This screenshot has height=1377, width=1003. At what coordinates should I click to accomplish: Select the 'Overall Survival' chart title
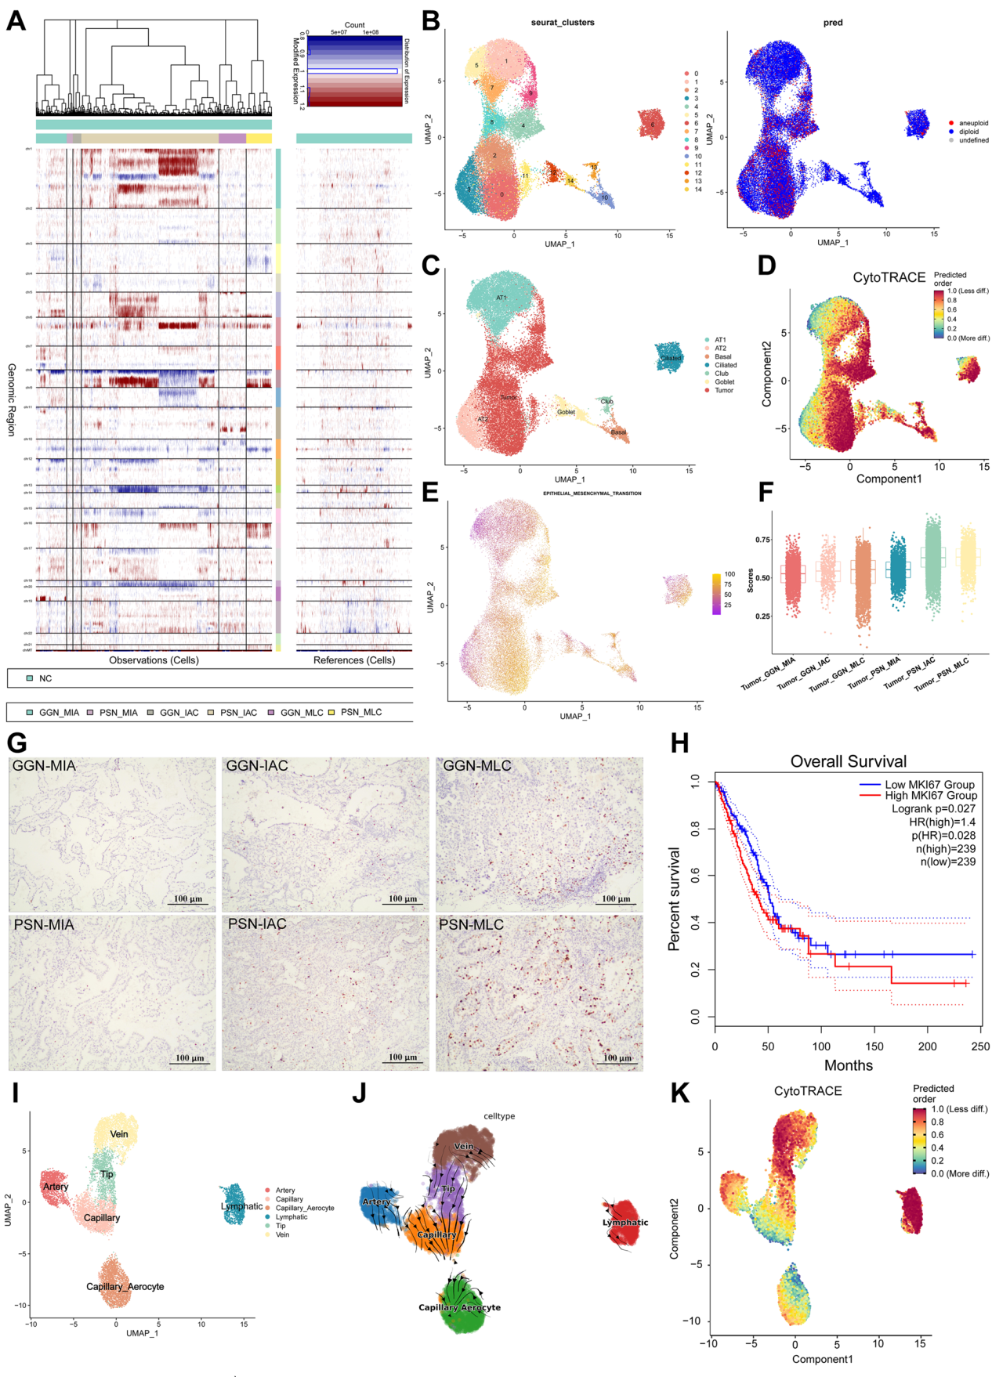click(848, 761)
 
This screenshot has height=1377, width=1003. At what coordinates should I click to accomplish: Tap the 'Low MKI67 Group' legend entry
click(929, 784)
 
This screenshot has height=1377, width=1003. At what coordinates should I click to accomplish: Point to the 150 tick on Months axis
click(874, 1046)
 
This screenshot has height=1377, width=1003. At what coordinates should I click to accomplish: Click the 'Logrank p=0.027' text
click(933, 808)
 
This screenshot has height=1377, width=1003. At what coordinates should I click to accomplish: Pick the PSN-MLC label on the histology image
click(471, 925)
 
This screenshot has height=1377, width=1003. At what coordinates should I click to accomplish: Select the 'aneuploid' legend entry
click(973, 123)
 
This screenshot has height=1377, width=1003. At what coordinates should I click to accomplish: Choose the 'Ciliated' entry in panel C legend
click(725, 365)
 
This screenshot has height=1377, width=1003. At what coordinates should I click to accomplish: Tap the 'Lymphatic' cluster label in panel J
click(625, 1222)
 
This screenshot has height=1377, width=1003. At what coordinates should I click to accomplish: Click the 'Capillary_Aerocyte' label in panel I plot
click(125, 1286)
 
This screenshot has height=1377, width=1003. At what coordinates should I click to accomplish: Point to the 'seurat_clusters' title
click(563, 23)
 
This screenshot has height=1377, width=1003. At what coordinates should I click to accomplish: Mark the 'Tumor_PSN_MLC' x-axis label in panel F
click(942, 674)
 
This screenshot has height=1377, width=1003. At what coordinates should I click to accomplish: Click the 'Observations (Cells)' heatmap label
click(154, 660)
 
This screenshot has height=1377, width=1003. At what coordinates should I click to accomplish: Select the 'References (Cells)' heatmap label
click(354, 660)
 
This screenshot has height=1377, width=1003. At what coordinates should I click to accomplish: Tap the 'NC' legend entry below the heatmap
click(45, 678)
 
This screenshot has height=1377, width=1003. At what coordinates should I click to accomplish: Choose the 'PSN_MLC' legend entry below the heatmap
click(360, 712)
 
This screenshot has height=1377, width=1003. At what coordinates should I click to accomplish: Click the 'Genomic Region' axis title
click(12, 399)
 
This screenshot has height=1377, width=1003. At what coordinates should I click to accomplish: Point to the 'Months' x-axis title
click(848, 1065)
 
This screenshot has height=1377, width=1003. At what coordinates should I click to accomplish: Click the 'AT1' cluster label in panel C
click(501, 298)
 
